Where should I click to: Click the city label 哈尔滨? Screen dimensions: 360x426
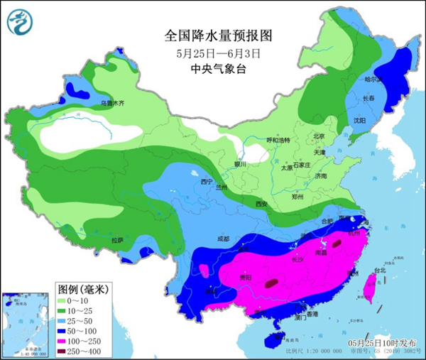pos(374,80)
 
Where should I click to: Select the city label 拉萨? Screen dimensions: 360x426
pos(116,241)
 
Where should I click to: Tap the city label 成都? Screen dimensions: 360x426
pos(224,239)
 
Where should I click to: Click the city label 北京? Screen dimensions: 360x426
pos(319,136)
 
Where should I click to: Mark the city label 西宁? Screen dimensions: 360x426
pos(207,182)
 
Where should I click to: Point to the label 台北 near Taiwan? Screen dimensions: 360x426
pos(380,270)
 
